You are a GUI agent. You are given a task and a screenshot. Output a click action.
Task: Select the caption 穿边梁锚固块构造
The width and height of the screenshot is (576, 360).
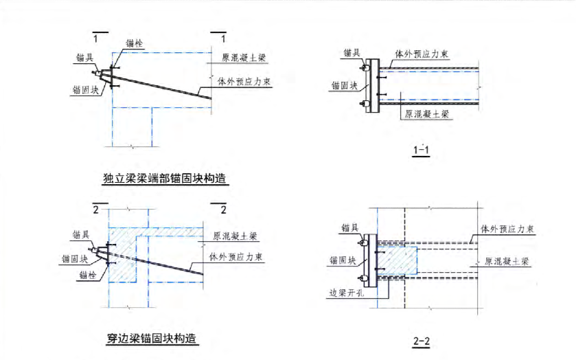(x=152, y=338)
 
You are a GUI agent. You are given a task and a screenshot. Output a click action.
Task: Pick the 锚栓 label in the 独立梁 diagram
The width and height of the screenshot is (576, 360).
(x=135, y=43)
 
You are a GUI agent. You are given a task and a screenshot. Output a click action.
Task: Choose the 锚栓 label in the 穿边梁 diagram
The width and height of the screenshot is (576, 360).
(x=87, y=275)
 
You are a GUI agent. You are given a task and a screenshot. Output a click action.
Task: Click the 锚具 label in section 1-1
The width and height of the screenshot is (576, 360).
(x=352, y=52)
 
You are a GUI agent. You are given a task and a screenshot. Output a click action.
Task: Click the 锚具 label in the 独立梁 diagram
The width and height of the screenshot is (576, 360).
(x=84, y=58)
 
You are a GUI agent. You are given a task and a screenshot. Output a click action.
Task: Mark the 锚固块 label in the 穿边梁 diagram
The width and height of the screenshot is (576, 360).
(x=75, y=259)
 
